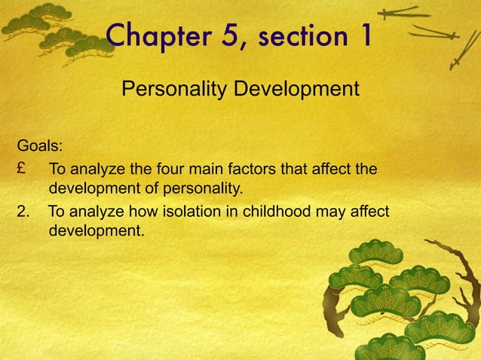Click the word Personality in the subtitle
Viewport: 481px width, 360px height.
171,91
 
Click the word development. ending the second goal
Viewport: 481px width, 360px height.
96,230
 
